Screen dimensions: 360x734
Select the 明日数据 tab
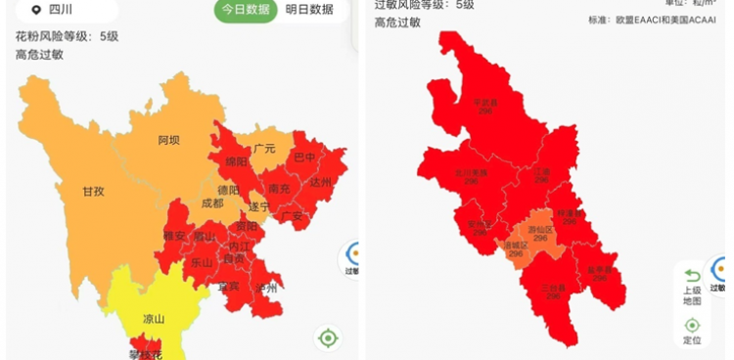coord(309,10)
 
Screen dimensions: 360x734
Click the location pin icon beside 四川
coord(36,10)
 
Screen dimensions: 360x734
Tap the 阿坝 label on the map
coord(168,140)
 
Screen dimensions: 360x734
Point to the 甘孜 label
coord(93,192)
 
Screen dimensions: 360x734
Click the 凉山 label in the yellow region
coord(155,319)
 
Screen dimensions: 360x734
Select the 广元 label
coord(264,149)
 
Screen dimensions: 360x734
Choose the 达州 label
coord(320,182)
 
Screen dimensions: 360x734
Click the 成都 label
coord(211,203)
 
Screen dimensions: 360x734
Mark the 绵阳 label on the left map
coord(237,161)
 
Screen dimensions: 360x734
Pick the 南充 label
coord(279,188)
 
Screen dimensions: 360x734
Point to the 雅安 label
coord(174,235)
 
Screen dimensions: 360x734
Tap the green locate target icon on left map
coord(328,338)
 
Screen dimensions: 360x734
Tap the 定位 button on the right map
coord(692,331)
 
